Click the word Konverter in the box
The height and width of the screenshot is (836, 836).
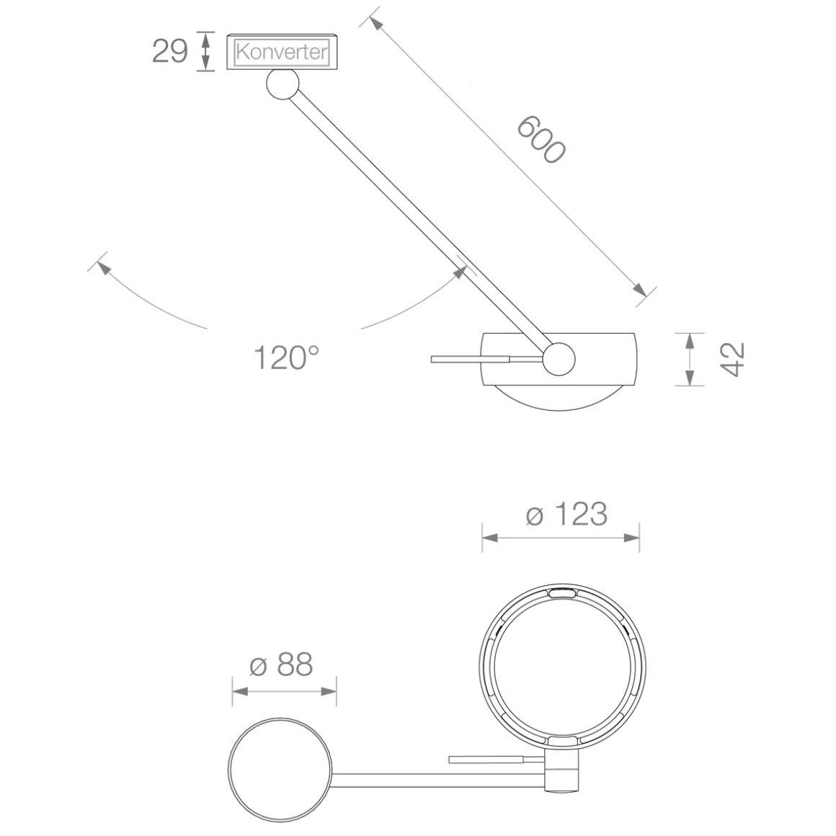point(282,52)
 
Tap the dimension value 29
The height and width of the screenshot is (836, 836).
point(170,51)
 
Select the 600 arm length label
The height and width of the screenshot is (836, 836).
point(541,139)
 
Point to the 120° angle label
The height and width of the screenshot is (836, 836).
point(286,357)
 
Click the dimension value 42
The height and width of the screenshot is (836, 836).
point(732,360)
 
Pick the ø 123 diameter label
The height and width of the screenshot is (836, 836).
point(566,514)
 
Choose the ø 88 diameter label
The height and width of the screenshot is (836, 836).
point(281,665)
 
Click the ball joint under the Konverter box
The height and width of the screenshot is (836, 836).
point(283,84)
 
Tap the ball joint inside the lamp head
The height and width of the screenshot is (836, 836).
point(559,359)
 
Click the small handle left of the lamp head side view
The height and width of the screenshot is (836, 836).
point(470,360)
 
